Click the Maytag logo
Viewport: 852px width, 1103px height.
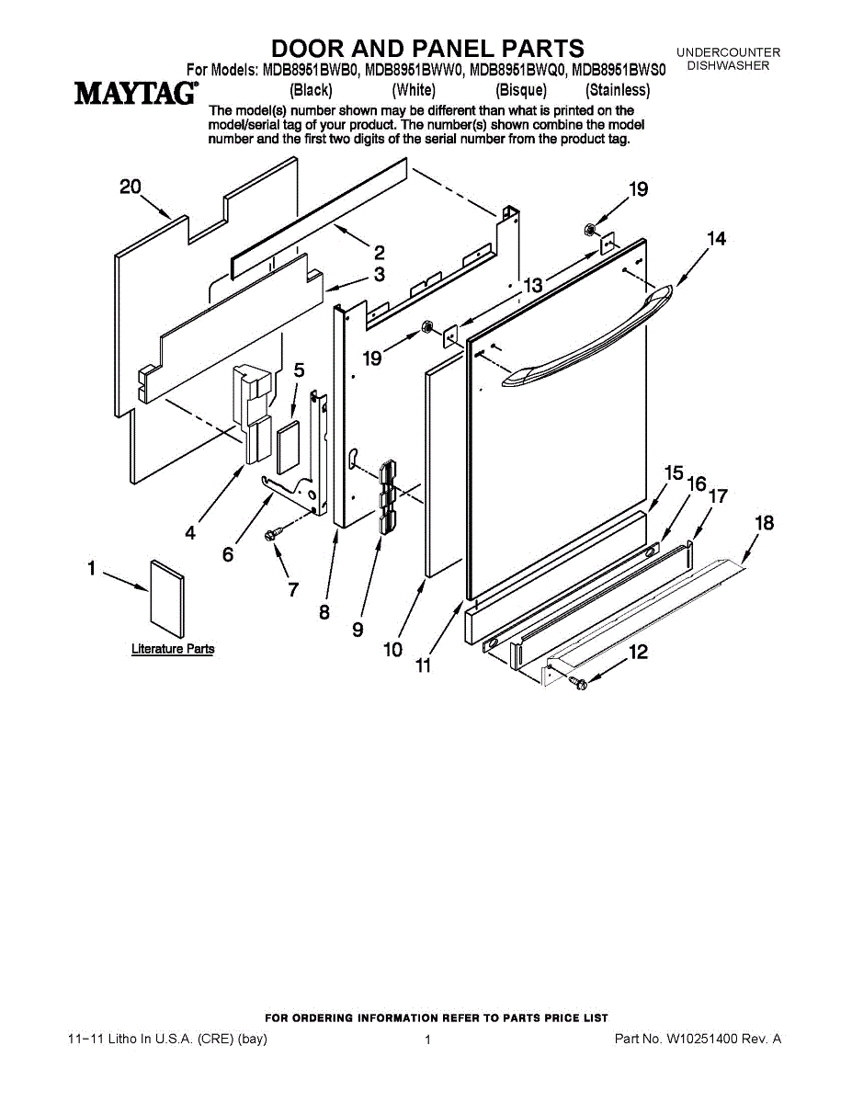tap(135, 93)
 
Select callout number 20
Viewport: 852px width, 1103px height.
tap(131, 187)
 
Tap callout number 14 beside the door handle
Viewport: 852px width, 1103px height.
tap(716, 239)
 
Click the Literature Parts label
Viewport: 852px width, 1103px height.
tap(173, 649)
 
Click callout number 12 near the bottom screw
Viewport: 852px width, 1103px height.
tap(637, 653)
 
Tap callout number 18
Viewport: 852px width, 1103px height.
tap(764, 523)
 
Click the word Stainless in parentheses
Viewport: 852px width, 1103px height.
tap(618, 90)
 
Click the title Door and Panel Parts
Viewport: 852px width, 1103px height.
tap(427, 48)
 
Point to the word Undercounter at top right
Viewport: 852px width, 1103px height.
tap(729, 52)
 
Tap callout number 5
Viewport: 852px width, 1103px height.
tap(299, 370)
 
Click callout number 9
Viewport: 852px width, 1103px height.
tap(358, 630)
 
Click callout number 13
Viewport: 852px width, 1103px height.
tap(533, 286)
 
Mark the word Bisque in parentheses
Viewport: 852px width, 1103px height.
tap(521, 90)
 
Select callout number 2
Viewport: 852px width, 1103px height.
tap(379, 253)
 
